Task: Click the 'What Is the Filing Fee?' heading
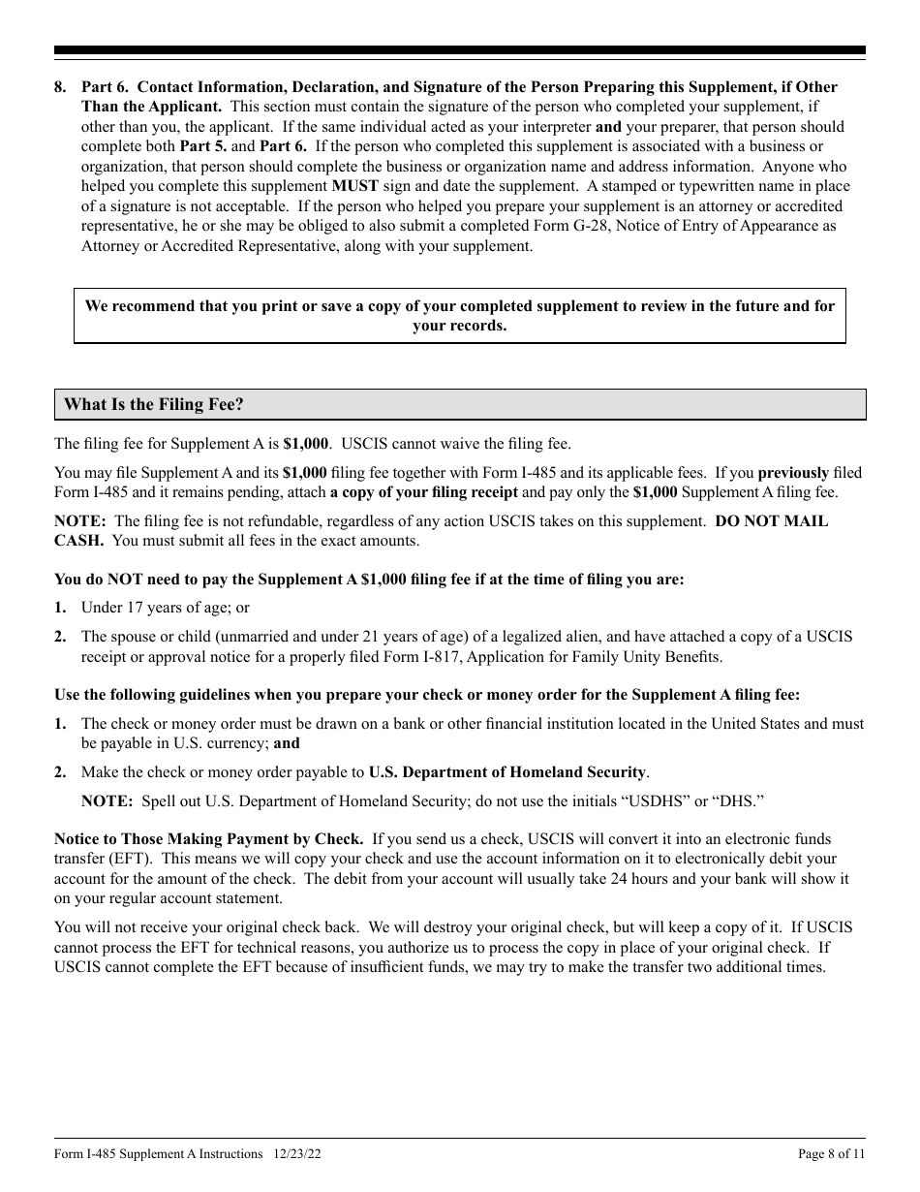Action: (154, 405)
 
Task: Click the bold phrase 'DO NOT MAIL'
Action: (772, 521)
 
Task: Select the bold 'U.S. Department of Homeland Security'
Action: (507, 772)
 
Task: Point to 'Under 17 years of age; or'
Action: (165, 609)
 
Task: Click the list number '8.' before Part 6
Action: (61, 87)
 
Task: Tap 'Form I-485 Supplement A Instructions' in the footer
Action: (159, 1154)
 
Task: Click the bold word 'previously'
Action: (793, 473)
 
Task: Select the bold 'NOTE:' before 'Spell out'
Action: (107, 801)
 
